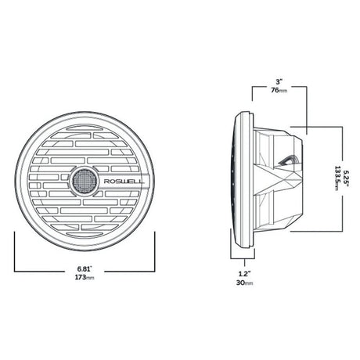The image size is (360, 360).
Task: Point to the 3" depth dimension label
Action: coord(279,80)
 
